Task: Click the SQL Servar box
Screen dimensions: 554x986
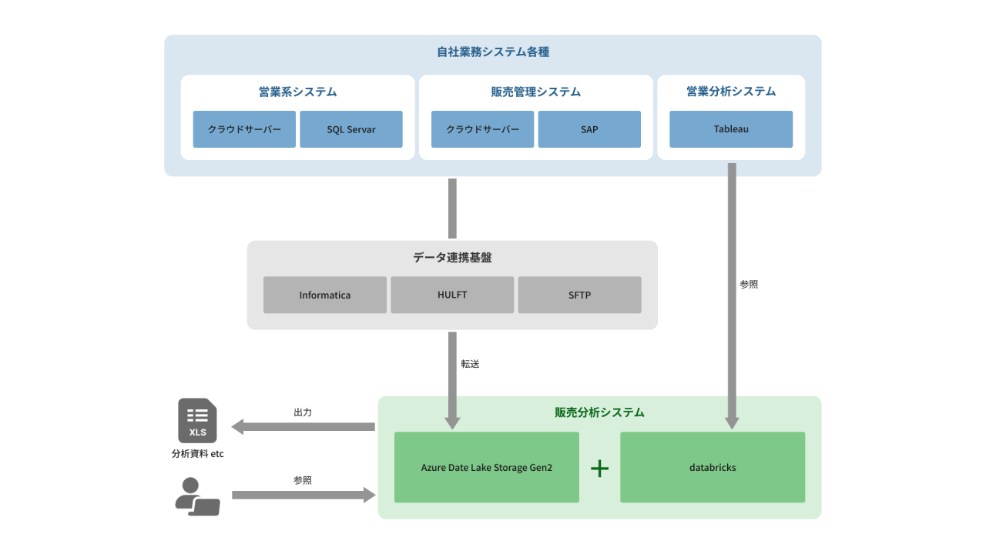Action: [x=350, y=129]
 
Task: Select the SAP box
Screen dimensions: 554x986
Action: [x=589, y=129]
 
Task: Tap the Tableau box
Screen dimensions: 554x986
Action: [x=731, y=129]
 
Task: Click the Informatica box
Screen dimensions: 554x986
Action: [x=325, y=295]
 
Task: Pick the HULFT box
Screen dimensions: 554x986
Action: [x=452, y=295]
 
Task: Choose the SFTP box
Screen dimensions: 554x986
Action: [x=579, y=295]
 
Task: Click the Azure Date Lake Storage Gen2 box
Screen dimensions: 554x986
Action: [x=487, y=467]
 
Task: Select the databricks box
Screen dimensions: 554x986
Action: [x=713, y=467]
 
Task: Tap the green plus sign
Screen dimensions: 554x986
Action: [x=599, y=468]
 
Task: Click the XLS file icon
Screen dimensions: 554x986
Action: [x=197, y=421]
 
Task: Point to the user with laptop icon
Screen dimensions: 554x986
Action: [x=196, y=496]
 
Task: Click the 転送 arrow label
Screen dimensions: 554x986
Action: [x=470, y=364]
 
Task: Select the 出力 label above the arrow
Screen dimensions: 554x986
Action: [x=303, y=412]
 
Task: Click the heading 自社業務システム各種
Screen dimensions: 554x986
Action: [x=493, y=52]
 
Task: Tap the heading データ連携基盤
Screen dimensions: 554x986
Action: [x=452, y=258]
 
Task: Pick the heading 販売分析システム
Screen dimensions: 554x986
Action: [x=599, y=412]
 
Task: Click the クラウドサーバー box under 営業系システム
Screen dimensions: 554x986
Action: [x=244, y=129]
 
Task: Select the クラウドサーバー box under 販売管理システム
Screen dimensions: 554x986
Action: [x=482, y=129]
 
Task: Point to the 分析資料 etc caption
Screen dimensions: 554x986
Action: [x=197, y=454]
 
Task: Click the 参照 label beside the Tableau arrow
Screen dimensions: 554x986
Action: [x=749, y=284]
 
